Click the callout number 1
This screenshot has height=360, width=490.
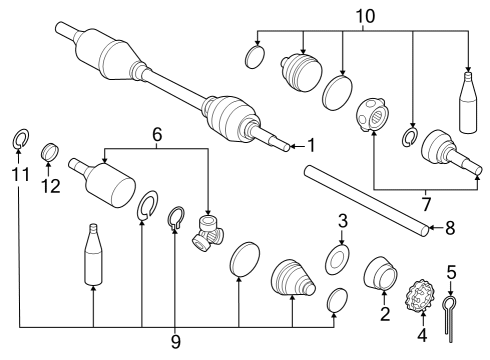click(x=311, y=145)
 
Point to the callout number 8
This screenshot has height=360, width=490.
click(x=449, y=228)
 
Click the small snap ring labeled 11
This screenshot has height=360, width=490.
click(x=19, y=139)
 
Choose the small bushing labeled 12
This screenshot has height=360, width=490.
click(x=46, y=153)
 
